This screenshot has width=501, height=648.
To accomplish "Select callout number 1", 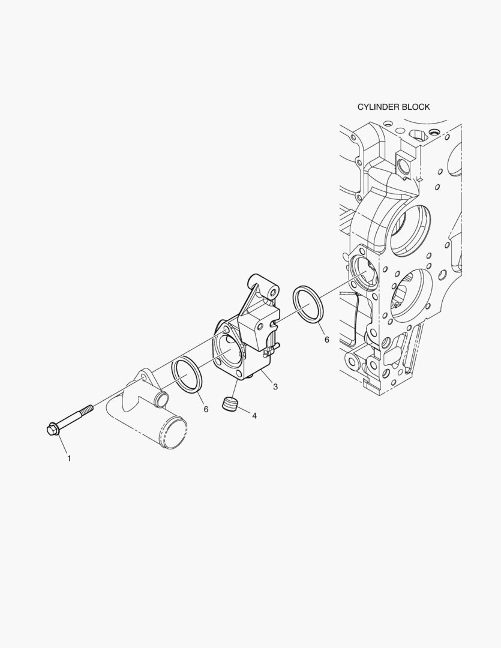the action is pyautogui.click(x=69, y=458).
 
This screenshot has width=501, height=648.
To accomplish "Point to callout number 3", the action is pyautogui.click(x=275, y=387).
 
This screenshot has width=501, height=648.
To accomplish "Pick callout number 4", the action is pyautogui.click(x=254, y=416).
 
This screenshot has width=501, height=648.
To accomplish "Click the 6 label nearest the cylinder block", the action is pyautogui.click(x=326, y=339).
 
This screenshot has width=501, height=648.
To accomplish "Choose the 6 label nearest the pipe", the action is pyautogui.click(x=206, y=409).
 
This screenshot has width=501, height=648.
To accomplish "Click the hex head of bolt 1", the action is pyautogui.click(x=53, y=429).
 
